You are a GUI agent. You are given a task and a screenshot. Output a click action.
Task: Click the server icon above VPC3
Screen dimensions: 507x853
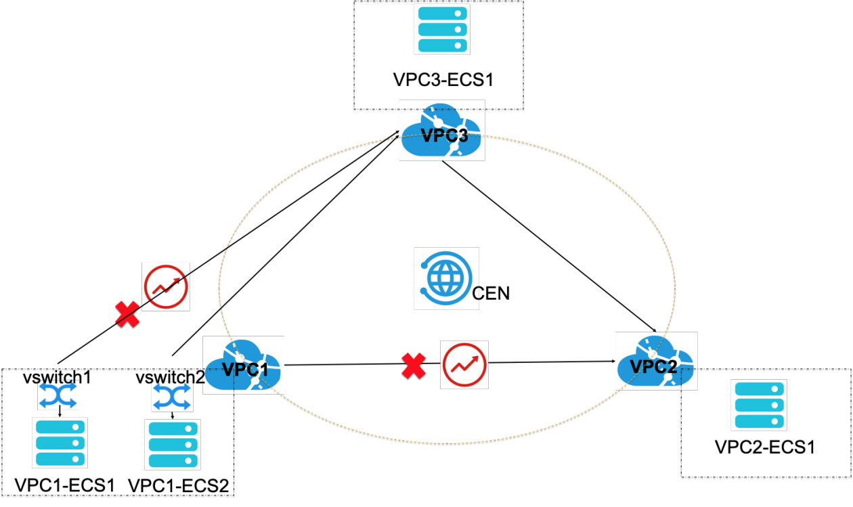pyautogui.click(x=442, y=30)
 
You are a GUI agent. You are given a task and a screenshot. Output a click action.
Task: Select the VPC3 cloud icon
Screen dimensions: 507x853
pyautogui.click(x=442, y=130)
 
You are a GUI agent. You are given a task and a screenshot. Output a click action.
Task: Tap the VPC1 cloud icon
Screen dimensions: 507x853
pyautogui.click(x=244, y=366)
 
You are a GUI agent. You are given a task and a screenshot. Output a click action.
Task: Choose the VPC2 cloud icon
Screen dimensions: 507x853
pyautogui.click(x=656, y=361)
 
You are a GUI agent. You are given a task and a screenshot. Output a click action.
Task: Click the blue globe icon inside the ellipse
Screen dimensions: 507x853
pyautogui.click(x=447, y=278)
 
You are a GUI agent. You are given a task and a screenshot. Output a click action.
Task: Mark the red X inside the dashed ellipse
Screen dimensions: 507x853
pyautogui.click(x=414, y=366)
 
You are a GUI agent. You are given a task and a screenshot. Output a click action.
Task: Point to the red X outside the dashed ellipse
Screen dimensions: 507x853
pyautogui.click(x=127, y=314)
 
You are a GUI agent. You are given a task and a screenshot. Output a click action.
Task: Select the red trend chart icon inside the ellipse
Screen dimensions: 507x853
pyautogui.click(x=464, y=365)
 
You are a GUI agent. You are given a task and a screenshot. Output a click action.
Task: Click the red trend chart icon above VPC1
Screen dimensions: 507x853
pyautogui.click(x=166, y=287)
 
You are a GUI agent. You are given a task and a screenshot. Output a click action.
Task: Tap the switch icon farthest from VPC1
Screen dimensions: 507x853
pyautogui.click(x=58, y=395)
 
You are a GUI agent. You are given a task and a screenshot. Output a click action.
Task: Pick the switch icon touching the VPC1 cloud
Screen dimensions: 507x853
pyautogui.click(x=172, y=397)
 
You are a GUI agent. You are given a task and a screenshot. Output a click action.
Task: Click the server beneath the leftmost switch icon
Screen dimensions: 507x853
pyautogui.click(x=60, y=443)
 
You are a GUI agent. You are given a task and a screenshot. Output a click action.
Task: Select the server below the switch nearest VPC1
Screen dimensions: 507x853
pyautogui.click(x=173, y=445)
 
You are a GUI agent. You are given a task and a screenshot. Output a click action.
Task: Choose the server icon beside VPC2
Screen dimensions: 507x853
pyautogui.click(x=759, y=405)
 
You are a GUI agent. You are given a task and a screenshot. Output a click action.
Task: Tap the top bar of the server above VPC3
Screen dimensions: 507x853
pyautogui.click(x=442, y=14)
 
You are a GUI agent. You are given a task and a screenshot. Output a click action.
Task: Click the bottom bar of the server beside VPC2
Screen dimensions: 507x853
pyautogui.click(x=759, y=421)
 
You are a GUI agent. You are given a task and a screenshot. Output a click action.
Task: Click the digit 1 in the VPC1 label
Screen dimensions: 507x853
pyautogui.click(x=263, y=370)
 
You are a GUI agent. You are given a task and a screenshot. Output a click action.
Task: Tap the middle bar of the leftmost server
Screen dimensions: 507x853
pyautogui.click(x=60, y=443)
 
